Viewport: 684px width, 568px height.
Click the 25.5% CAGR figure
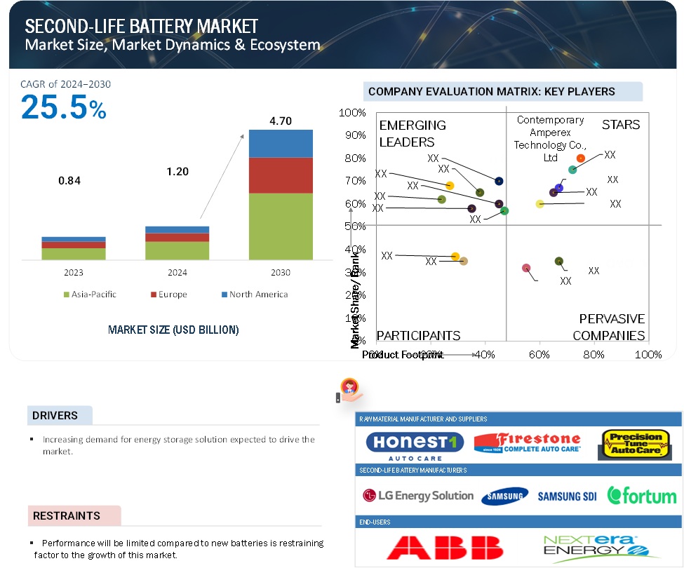[63, 107]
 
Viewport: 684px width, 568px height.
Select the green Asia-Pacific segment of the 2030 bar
[281, 226]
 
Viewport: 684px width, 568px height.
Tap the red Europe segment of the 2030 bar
[281, 175]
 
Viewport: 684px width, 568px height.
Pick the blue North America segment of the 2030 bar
[281, 143]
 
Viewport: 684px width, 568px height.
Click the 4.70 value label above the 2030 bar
[281, 121]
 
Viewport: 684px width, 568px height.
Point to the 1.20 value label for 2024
[178, 172]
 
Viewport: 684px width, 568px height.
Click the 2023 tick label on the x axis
[73, 272]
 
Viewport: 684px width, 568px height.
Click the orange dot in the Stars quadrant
[581, 158]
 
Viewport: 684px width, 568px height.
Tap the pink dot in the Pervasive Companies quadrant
[527, 268]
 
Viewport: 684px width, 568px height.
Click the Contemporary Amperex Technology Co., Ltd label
[550, 139]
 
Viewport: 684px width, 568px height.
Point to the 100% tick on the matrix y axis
[352, 113]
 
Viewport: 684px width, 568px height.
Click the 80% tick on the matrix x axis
[594, 355]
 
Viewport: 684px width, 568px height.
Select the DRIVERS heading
[55, 415]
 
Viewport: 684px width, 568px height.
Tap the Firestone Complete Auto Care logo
[528, 443]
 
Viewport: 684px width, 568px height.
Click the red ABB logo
[445, 547]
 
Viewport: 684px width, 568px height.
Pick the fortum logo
[642, 495]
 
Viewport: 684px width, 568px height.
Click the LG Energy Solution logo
[418, 496]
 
